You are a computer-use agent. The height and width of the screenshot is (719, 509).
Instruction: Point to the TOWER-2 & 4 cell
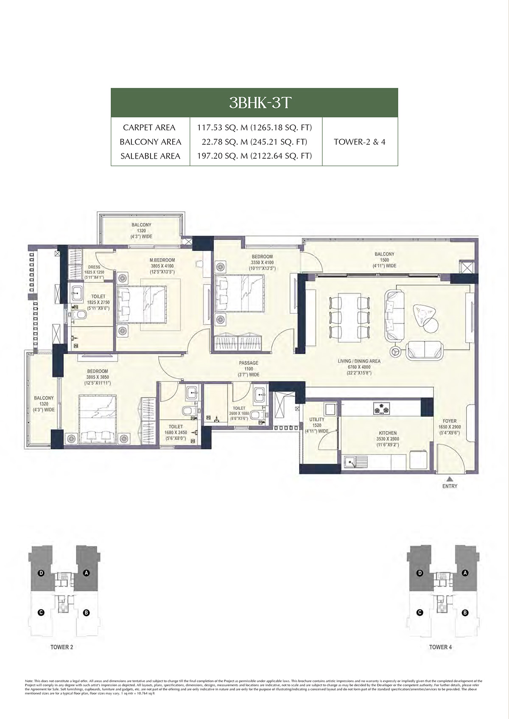(360, 142)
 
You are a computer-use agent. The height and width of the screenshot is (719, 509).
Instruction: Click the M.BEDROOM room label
(162, 260)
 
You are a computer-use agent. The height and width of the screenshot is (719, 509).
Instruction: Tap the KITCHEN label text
(388, 433)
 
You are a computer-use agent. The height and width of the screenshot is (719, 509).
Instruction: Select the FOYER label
(449, 421)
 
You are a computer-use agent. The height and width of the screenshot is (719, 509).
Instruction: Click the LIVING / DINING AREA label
(359, 361)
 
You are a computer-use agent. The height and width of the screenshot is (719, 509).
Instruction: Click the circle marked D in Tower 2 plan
(41, 573)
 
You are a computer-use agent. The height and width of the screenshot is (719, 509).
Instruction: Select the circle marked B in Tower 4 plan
(465, 613)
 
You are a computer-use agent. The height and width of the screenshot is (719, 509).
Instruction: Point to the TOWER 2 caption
(62, 647)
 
